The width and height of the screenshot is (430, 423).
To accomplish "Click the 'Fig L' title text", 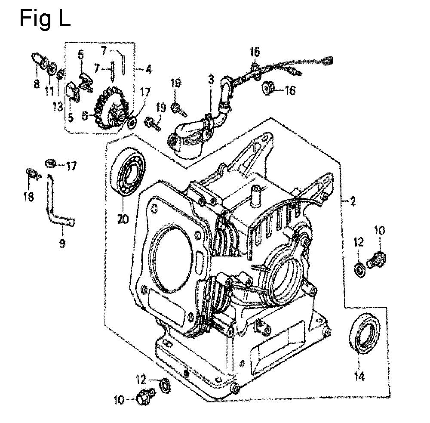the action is (45, 19).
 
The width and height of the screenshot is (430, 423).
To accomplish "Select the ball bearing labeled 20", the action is (128, 171).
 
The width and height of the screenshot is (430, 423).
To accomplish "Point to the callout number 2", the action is (352, 202).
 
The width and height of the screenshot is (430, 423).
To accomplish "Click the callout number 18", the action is (29, 196).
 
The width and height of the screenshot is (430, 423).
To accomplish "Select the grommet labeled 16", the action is (267, 87).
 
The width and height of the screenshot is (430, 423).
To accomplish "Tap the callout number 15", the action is (255, 52).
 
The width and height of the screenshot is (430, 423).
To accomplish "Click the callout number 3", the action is (211, 80).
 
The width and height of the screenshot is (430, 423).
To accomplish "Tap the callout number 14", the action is (359, 376).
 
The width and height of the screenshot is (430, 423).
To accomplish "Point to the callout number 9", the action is (62, 243).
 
